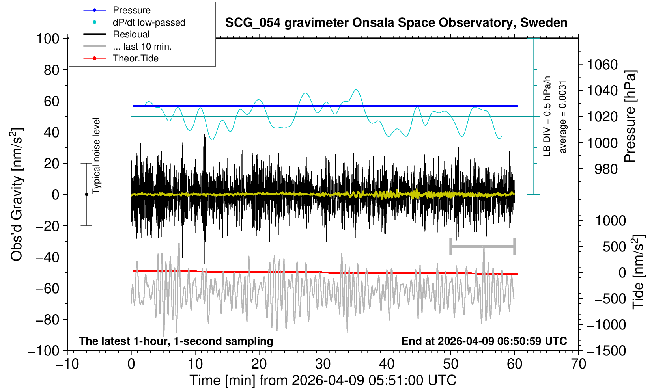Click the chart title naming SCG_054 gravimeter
pos(396,23)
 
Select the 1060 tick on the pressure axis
pos(602,64)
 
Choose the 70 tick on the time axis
pos(578,363)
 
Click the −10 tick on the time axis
pos(67,363)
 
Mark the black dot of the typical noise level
pos(86,194)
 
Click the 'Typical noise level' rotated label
pos(96,156)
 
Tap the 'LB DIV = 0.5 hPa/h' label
pos(547,117)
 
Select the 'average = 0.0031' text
pos(562,117)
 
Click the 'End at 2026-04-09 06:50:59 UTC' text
pos(484,341)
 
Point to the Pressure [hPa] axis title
pos(630,117)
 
